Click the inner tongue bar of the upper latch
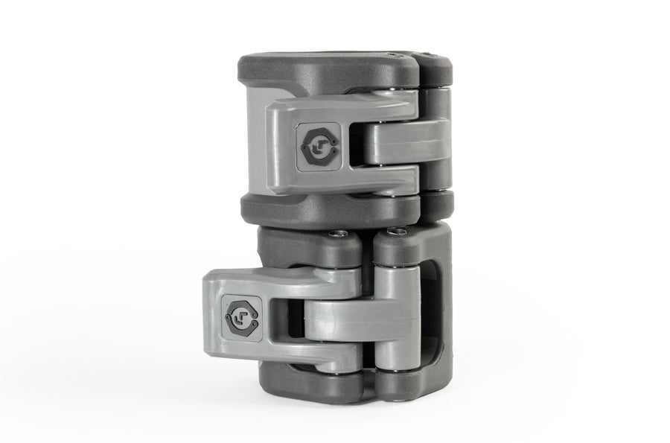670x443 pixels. pyautogui.click(x=402, y=141)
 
